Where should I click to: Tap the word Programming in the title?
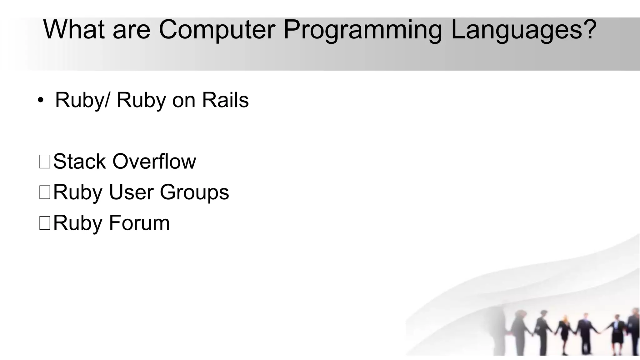tap(362, 31)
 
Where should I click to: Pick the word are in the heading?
tap(131, 31)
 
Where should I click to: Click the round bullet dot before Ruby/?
tap(40, 100)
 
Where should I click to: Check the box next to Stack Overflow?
tap(45, 162)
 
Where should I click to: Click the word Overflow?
tap(154, 162)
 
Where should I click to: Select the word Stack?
tap(79, 162)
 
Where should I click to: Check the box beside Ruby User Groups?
tap(45, 192)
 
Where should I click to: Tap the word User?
tap(131, 192)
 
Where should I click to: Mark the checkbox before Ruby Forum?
tap(45, 223)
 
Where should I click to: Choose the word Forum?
tap(139, 223)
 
